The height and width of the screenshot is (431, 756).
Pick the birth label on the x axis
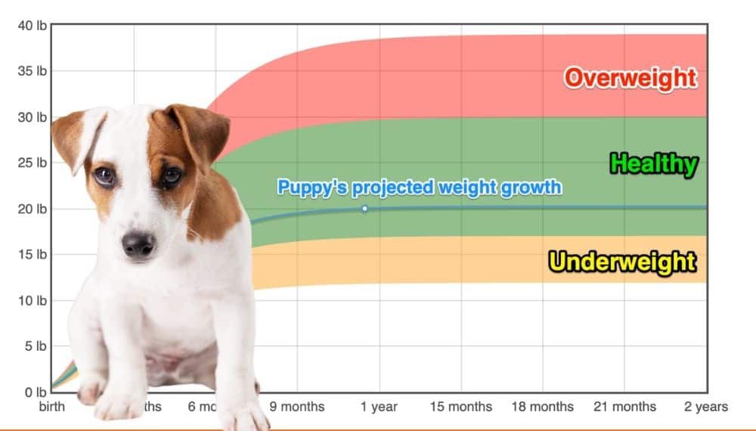coord(52,407)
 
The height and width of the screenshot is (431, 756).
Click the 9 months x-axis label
coord(297,407)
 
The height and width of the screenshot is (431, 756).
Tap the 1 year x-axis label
coord(379,407)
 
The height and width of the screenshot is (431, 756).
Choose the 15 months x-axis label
coord(460,407)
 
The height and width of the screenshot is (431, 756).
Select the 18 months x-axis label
coord(542,407)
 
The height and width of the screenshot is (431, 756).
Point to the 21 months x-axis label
coord(624,407)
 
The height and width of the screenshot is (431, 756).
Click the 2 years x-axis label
coord(705,407)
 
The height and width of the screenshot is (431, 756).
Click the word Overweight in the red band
coord(630,77)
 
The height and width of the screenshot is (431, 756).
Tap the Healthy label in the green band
coord(653,163)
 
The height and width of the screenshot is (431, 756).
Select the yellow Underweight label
coord(622,262)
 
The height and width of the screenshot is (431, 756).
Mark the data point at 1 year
coord(364,209)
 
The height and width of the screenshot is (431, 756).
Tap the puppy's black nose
coord(138,244)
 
